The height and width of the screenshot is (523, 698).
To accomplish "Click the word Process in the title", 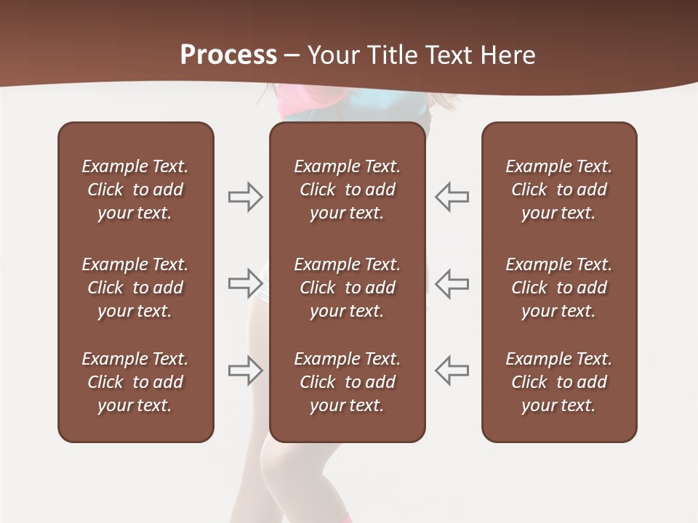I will (228, 55).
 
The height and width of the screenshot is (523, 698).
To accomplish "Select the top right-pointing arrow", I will (246, 197).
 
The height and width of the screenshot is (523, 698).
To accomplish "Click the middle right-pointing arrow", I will (246, 283).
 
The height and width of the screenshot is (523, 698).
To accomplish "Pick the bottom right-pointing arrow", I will (246, 370).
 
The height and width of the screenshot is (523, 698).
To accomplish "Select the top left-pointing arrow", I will (452, 197).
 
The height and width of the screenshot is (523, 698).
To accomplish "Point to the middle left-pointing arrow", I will (452, 283).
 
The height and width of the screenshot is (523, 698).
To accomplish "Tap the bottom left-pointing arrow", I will (452, 370).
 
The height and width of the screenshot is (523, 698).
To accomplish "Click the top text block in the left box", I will (135, 190).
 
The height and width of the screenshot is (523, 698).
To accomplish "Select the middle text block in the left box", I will (135, 288).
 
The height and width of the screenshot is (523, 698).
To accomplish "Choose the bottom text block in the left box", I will (135, 382).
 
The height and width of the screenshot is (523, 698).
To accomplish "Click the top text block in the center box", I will (347, 190).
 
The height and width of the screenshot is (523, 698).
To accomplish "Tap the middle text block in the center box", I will (347, 288).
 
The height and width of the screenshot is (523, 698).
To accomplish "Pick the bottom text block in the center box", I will (347, 382).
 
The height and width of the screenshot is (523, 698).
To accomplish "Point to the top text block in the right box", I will (558, 190).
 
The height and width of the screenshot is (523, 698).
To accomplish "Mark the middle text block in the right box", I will (558, 288).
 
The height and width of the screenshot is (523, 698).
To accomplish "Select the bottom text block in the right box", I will (558, 382).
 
